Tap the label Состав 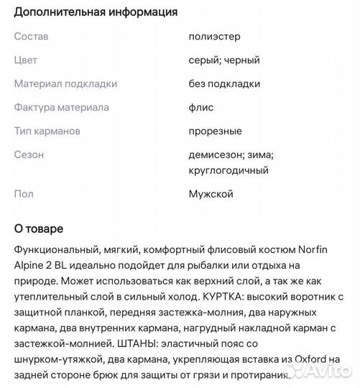32,37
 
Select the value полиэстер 214,37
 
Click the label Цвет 26,60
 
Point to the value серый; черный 223,60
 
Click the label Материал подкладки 65,84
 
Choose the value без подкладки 224,84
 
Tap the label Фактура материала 62,108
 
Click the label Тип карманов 47,131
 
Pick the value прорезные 215,131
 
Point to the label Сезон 29,154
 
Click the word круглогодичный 229,170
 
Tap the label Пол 24,194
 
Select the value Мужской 211,194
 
